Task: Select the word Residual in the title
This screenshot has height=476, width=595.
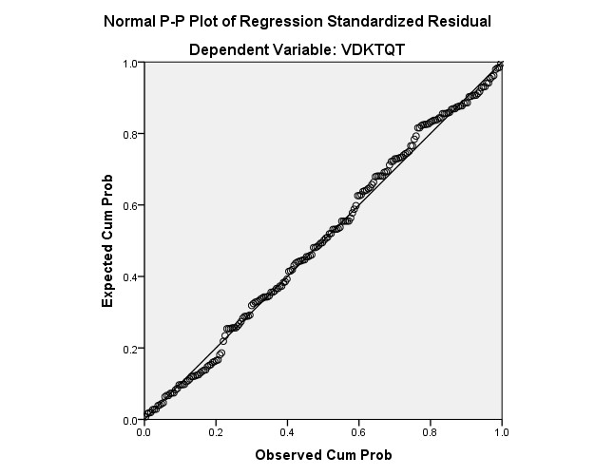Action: pyautogui.click(x=462, y=22)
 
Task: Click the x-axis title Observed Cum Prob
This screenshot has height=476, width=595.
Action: pyautogui.click(x=323, y=455)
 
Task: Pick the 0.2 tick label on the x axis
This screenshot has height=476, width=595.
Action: pyautogui.click(x=215, y=432)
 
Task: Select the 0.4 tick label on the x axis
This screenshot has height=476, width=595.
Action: pyautogui.click(x=286, y=432)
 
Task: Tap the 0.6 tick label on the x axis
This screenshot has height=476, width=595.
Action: pyautogui.click(x=358, y=432)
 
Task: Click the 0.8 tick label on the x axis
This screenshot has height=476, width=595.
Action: pyautogui.click(x=430, y=432)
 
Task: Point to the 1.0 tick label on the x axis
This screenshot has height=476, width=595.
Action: pyautogui.click(x=501, y=432)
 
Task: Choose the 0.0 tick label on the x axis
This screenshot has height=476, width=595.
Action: pyautogui.click(x=144, y=432)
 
